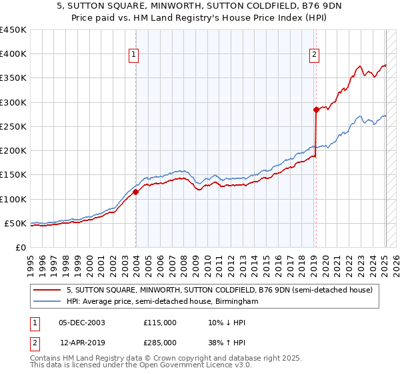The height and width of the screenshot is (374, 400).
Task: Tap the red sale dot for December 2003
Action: point(136,192)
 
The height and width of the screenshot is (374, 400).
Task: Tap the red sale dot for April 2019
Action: point(316,110)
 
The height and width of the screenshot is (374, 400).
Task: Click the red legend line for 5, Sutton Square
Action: point(47,291)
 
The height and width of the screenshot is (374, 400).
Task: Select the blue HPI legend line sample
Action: point(47,302)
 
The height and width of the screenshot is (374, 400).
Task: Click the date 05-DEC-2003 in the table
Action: point(82,323)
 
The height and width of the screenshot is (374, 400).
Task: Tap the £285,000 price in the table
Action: point(160,343)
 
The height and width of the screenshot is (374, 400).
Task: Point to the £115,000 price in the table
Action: point(160,323)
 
